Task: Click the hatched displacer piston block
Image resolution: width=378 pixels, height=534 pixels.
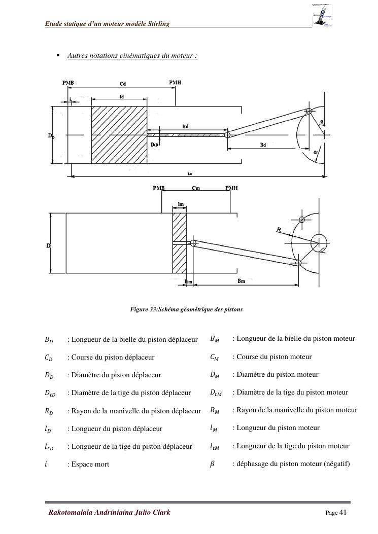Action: click(x=119, y=135)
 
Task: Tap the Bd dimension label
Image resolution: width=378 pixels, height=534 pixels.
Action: click(x=263, y=145)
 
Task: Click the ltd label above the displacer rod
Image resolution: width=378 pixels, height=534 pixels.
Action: click(x=186, y=126)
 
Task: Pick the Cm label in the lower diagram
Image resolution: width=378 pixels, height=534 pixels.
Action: click(x=196, y=188)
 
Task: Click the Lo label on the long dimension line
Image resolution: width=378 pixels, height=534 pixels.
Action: click(x=190, y=173)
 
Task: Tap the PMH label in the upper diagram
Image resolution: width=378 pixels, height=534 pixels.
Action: click(x=175, y=83)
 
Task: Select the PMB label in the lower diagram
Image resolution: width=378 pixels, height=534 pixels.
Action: click(x=159, y=188)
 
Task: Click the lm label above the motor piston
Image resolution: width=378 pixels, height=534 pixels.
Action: click(x=181, y=204)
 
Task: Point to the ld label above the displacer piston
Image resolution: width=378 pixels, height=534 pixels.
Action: click(x=121, y=96)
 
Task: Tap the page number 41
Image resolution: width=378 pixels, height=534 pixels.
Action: click(x=342, y=512)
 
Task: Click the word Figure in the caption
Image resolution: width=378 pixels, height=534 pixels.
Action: click(x=139, y=309)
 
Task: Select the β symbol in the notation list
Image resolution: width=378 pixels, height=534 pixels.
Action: click(x=213, y=464)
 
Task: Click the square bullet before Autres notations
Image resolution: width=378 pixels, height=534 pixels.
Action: click(x=58, y=55)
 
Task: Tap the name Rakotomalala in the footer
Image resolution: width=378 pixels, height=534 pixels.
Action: click(x=72, y=512)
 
